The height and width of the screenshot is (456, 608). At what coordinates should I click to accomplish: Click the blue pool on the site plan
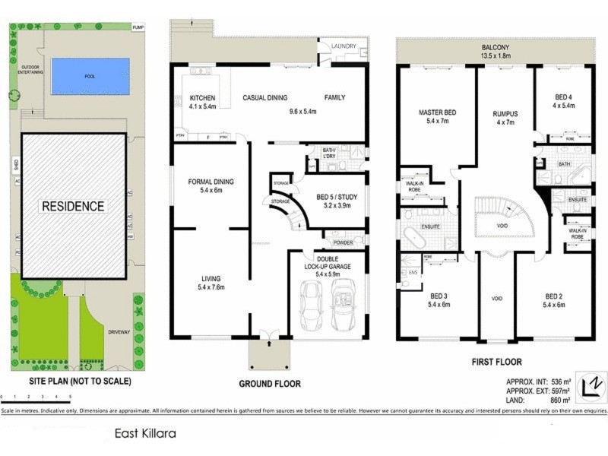90,76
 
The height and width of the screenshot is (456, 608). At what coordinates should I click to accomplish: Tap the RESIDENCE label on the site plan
73,206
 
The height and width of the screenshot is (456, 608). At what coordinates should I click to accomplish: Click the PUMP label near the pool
138,27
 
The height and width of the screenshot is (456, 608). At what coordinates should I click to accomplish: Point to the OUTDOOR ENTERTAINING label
31,69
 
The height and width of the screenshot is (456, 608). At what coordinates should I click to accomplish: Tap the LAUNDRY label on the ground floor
344,46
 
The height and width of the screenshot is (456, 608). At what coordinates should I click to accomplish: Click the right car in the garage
344,304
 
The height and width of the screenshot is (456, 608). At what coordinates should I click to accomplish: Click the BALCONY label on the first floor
494,46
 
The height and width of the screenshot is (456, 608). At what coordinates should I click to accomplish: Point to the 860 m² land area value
560,399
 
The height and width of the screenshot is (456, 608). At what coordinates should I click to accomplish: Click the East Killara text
146,434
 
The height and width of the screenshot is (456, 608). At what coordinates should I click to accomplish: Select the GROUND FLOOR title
269,384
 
